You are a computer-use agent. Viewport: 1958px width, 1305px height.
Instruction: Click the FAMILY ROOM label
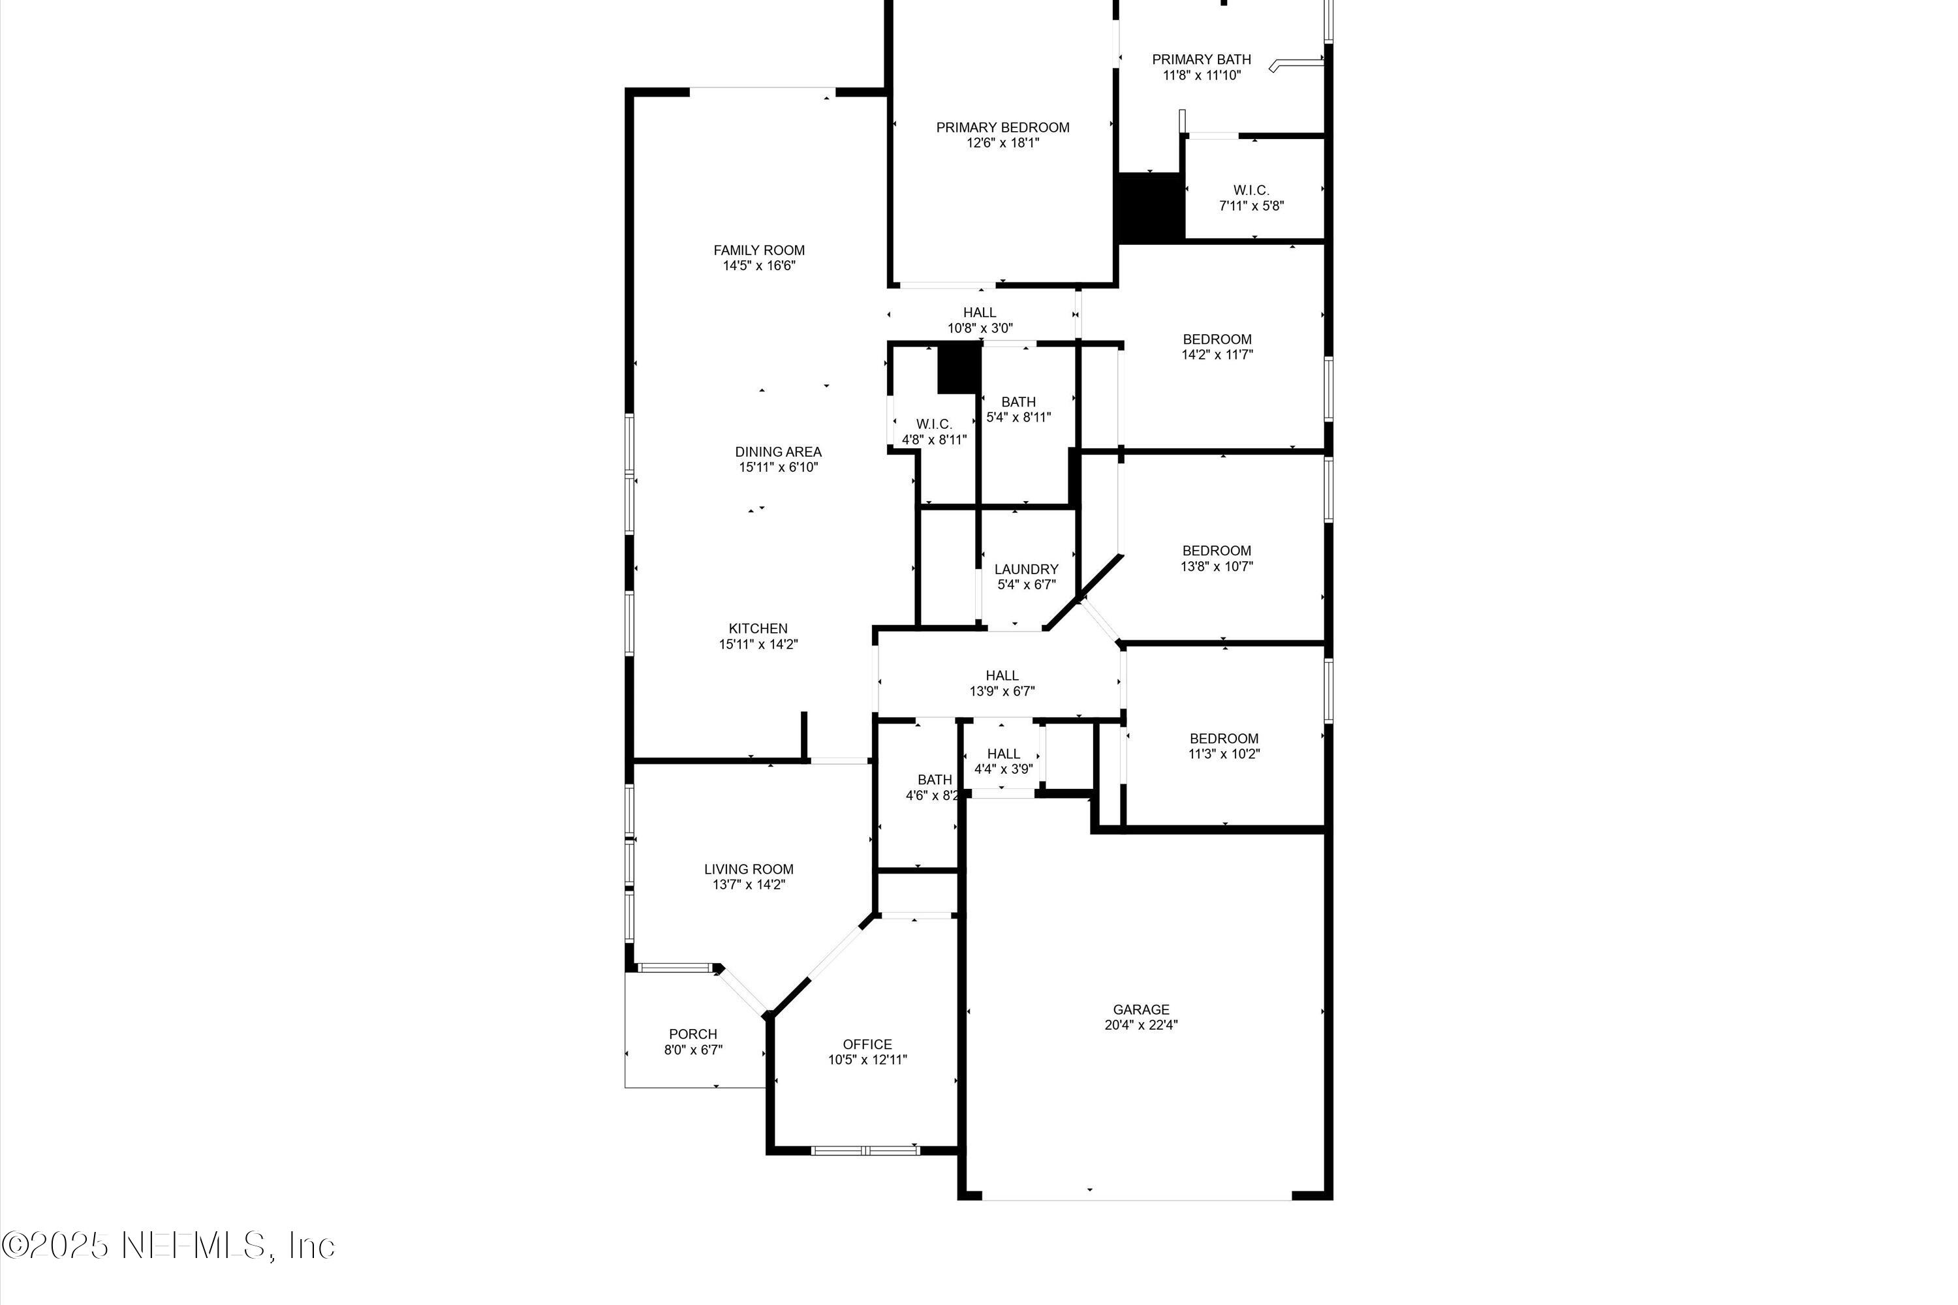click(758, 250)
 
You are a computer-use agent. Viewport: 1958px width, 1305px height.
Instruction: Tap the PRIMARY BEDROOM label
click(1002, 127)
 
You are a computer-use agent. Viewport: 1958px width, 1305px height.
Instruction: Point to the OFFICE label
click(867, 1045)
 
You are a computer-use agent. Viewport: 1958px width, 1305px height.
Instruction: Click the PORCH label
click(692, 1034)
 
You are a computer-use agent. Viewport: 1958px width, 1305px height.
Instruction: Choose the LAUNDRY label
click(1025, 569)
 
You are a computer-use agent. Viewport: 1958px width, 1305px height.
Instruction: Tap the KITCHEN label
click(758, 628)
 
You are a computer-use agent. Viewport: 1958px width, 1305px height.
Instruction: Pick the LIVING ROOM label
click(749, 869)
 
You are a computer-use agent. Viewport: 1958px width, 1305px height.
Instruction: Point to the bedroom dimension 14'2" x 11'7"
click(1217, 354)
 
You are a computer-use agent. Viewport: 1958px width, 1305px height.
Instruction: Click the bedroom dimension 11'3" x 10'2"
click(1224, 754)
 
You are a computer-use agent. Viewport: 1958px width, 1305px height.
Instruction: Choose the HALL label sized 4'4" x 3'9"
click(1003, 754)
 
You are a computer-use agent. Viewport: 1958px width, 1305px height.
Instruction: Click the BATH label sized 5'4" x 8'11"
click(1018, 402)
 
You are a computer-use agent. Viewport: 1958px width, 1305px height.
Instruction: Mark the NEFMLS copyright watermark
click(168, 1245)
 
